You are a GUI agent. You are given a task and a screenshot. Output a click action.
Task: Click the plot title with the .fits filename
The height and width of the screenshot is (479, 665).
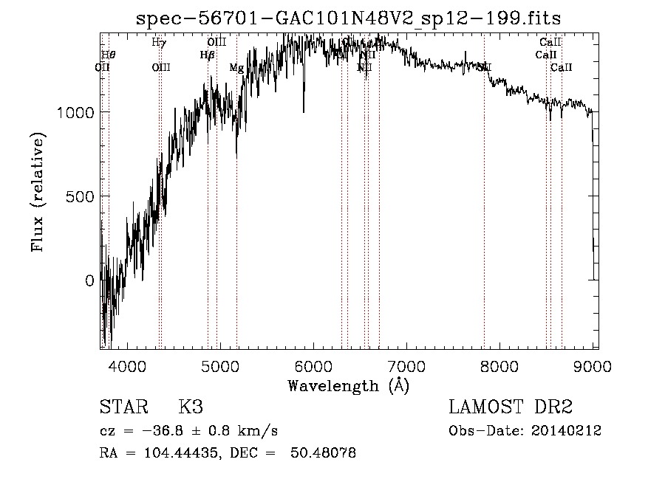point(349,19)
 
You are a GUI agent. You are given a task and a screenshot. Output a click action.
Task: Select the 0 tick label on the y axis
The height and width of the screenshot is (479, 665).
point(89,280)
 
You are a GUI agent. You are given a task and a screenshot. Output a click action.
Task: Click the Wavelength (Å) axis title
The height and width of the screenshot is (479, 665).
point(348,385)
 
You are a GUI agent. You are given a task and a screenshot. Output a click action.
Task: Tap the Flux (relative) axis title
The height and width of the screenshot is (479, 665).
point(38,193)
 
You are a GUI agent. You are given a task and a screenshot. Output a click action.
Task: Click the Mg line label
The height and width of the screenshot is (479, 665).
point(236,69)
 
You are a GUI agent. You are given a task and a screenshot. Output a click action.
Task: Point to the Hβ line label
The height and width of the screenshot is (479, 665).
point(207,55)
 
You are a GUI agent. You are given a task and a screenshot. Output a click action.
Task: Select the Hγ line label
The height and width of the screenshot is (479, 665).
point(158,43)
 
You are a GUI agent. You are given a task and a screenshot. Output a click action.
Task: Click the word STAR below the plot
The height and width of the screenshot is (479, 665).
point(123,407)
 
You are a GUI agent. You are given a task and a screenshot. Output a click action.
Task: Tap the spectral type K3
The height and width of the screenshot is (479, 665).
point(191,407)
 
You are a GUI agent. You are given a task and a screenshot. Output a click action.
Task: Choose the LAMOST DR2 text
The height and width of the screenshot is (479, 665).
point(511,407)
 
